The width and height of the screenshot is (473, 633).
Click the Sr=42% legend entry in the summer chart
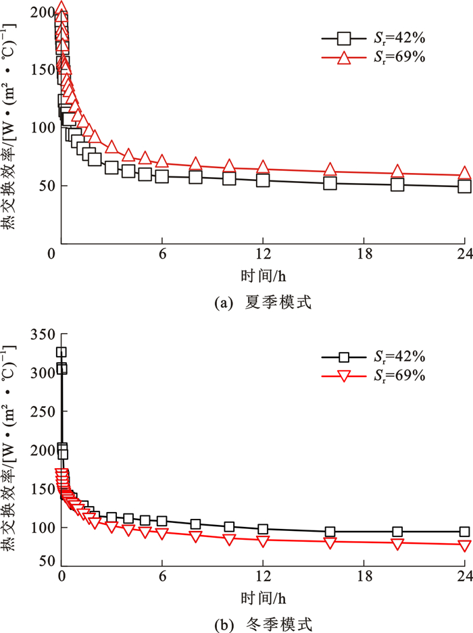[372, 39]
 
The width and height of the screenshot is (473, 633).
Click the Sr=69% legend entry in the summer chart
[372, 58]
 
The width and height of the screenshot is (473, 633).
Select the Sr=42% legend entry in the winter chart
[372, 357]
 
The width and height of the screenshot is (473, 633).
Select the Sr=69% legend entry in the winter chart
[372, 376]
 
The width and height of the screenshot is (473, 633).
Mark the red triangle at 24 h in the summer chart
[465, 174]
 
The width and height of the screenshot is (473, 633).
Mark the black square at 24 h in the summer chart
[465, 186]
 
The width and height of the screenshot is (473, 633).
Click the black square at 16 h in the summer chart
[330, 183]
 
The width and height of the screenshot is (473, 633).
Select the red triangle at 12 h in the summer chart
[263, 168]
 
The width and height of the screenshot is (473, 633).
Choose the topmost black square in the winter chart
[61, 352]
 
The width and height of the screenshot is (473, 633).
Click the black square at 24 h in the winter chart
[465, 532]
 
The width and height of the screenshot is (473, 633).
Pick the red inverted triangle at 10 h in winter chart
[229, 539]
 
